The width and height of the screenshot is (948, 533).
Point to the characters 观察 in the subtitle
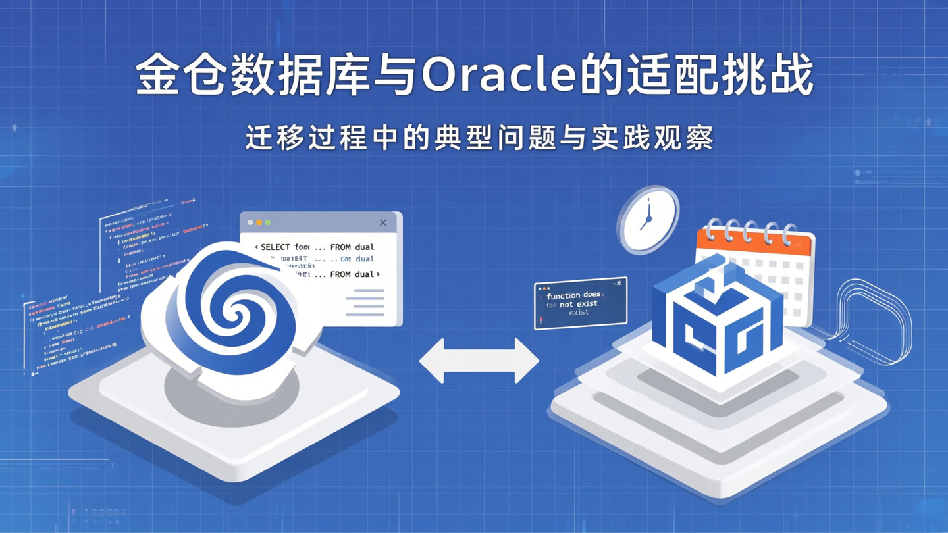690,138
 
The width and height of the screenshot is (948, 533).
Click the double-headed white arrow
479,361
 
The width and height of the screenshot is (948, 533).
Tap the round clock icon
648,220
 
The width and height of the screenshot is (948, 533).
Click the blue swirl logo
230,309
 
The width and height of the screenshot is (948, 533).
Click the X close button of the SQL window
383,222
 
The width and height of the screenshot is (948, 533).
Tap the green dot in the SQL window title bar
268,223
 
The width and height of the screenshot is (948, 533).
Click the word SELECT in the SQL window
275,247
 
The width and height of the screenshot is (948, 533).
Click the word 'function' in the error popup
564,296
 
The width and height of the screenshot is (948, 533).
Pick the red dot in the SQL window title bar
250,223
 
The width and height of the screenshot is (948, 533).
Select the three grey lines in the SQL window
365,302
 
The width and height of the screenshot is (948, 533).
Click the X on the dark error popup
619,284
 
